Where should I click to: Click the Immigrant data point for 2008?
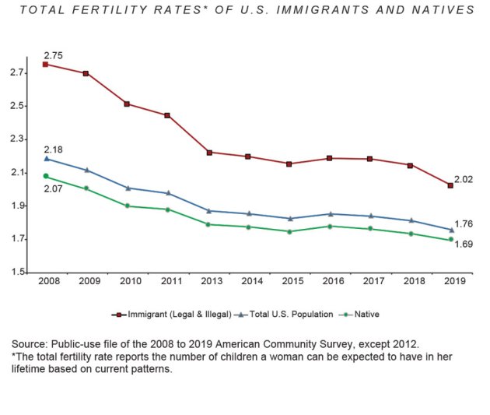click(45, 65)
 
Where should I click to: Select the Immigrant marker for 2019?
click(450, 185)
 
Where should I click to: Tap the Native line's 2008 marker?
click(45, 176)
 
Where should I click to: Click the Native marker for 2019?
click(450, 240)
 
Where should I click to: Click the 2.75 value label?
click(53, 55)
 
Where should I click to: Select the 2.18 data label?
click(53, 149)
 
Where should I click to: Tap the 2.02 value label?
click(464, 179)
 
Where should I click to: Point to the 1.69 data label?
click(464, 244)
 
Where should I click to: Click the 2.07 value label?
click(53, 189)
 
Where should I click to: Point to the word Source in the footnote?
click(30, 343)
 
